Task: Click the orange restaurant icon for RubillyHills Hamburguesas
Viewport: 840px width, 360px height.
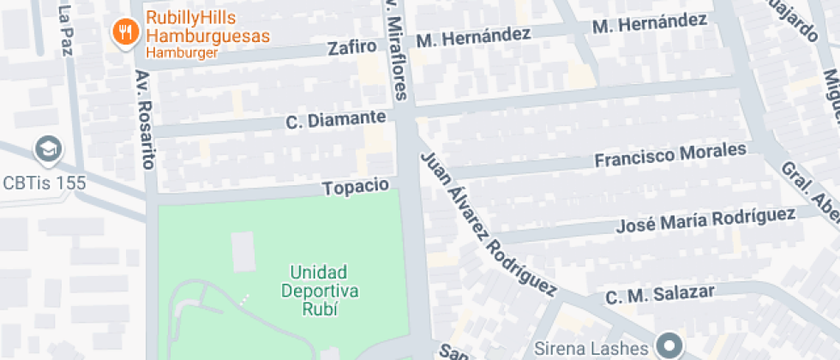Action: (x=127, y=33)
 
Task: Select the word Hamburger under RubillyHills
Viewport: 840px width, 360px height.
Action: (x=182, y=53)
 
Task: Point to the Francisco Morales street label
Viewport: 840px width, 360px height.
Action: (x=670, y=157)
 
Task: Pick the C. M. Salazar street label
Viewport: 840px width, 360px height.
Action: (x=660, y=295)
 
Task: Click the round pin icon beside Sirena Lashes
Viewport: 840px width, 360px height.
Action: (x=669, y=346)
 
